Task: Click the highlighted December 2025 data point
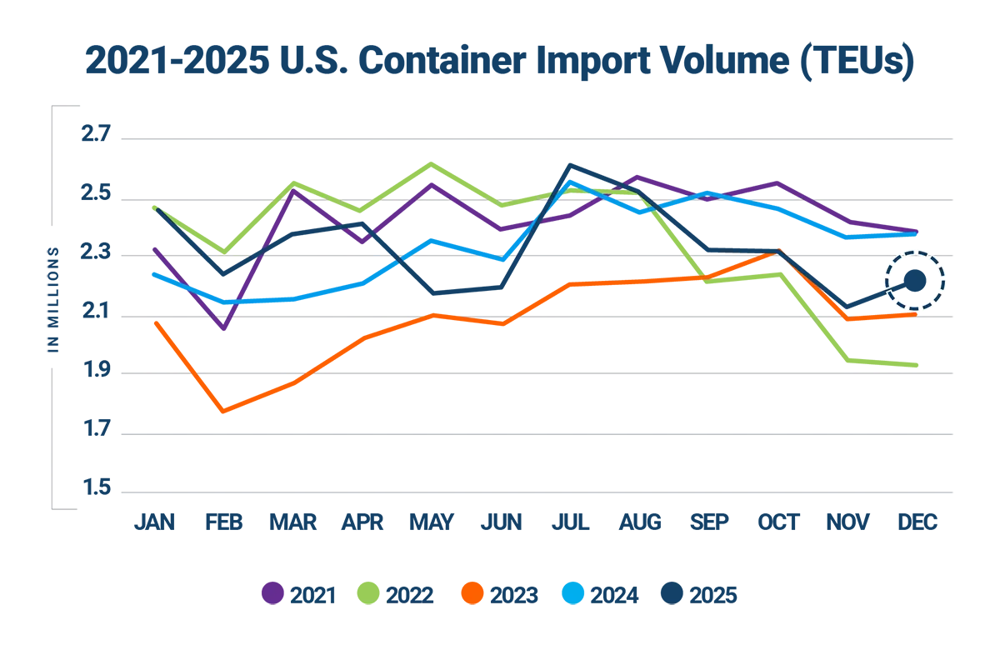915,281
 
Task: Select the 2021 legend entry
299,594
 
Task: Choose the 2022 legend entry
396,594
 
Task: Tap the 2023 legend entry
500,594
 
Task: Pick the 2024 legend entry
601,594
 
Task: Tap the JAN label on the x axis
155,522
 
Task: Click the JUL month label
571,522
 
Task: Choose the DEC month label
917,522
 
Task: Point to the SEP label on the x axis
710,522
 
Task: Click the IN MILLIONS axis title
53,298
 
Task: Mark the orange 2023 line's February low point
224,412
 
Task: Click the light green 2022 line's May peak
431,163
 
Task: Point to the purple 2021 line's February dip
224,329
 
